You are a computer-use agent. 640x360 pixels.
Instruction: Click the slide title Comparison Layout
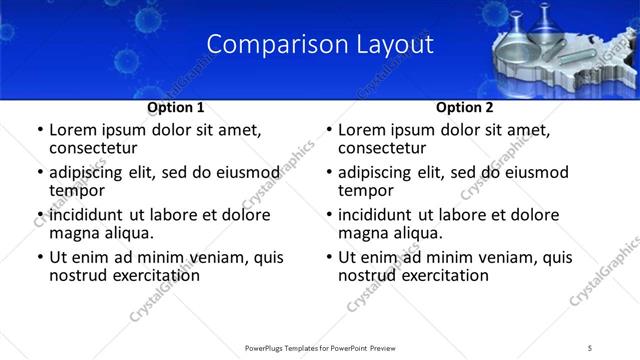(x=320, y=44)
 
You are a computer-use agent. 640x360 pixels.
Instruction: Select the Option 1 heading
(x=176, y=107)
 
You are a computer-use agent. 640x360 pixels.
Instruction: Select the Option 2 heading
(x=465, y=107)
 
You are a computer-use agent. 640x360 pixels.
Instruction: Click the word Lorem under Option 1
(x=73, y=130)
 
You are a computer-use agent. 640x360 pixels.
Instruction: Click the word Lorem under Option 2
(x=362, y=130)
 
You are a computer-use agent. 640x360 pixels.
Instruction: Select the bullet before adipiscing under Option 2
(x=329, y=173)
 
